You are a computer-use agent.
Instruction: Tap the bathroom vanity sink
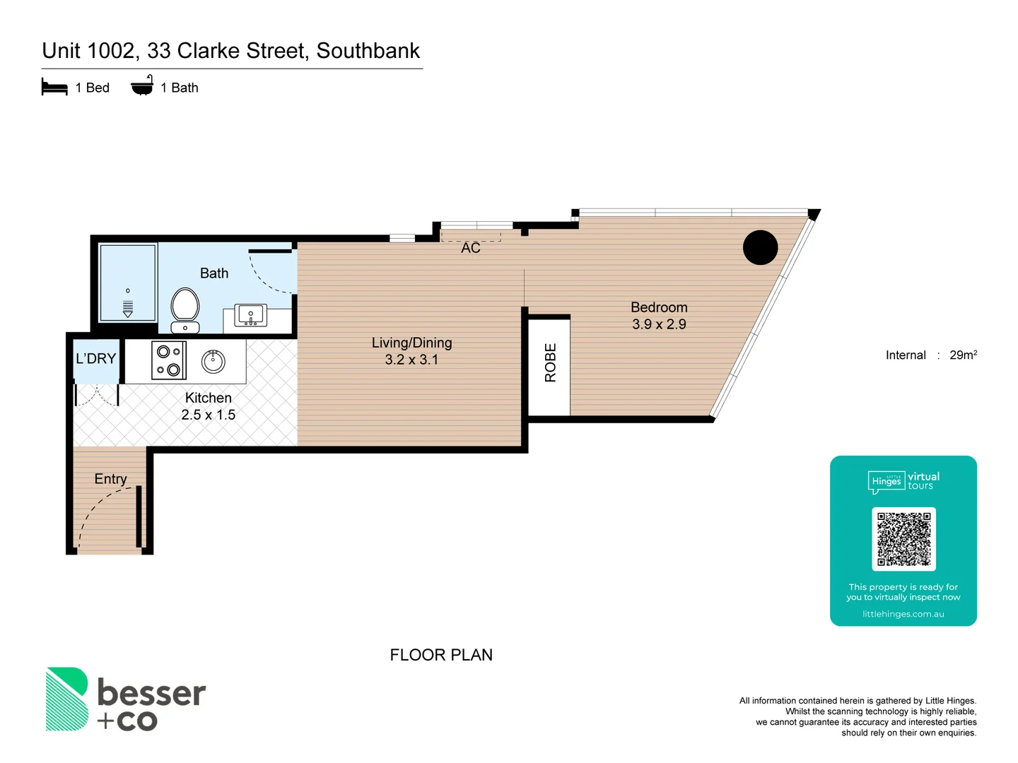(x=250, y=315)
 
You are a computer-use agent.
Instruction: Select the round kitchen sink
(x=213, y=361)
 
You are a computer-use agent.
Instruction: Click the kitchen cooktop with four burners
(x=169, y=360)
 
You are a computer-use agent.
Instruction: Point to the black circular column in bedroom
(x=760, y=248)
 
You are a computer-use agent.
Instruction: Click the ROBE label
(x=550, y=363)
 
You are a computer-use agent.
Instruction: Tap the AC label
(x=470, y=248)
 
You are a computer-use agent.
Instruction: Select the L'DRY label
(x=95, y=359)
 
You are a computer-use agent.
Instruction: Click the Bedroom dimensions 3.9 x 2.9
(x=659, y=324)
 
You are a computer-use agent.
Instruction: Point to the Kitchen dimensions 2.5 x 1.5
(x=208, y=415)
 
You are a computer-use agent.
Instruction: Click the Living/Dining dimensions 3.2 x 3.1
(x=411, y=360)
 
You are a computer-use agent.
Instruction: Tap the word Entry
(x=110, y=479)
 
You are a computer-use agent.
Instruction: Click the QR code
(x=903, y=539)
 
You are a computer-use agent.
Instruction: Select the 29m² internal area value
(x=963, y=355)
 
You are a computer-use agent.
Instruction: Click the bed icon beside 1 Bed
(x=54, y=88)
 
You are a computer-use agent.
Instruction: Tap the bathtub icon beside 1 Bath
(x=142, y=86)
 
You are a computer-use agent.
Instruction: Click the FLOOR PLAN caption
(x=441, y=655)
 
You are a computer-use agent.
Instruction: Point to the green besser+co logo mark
(x=67, y=699)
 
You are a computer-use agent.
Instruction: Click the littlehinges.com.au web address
(x=903, y=614)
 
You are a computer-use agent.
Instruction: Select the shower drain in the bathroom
(x=128, y=307)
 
